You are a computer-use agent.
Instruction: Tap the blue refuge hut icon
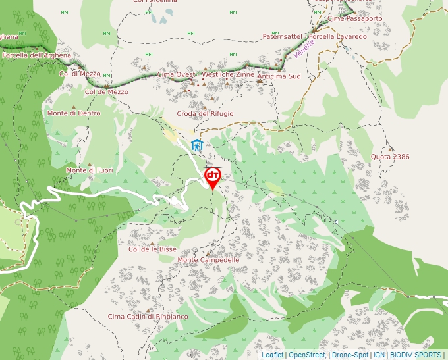click(196, 145)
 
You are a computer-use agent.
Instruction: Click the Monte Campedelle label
click(208, 260)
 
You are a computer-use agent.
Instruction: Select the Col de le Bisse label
click(152, 249)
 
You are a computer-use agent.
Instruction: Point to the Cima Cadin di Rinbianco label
click(148, 317)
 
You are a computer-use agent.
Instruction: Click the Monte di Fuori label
click(90, 170)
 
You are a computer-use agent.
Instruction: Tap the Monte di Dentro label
click(74, 113)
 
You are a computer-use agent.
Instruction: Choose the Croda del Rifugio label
click(205, 114)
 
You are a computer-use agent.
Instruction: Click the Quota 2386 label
click(390, 157)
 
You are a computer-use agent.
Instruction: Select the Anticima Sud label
click(279, 76)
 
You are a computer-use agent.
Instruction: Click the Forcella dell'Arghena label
click(36, 55)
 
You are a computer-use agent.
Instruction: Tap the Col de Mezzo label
click(107, 92)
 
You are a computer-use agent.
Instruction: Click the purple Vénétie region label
click(304, 48)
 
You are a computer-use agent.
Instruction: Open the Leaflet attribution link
click(272, 355)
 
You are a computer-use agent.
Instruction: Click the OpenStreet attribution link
click(306, 355)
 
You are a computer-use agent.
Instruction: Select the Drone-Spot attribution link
click(350, 355)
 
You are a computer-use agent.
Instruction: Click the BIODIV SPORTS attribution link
click(416, 355)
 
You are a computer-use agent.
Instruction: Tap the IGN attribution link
click(379, 355)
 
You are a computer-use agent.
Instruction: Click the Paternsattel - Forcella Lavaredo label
click(314, 36)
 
